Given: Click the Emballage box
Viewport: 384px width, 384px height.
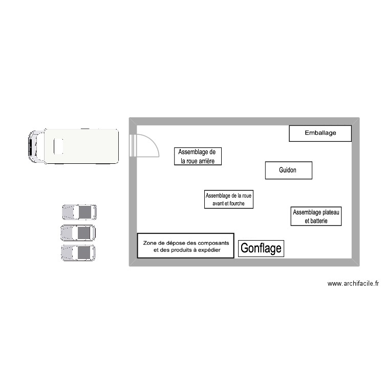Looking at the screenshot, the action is (320, 133).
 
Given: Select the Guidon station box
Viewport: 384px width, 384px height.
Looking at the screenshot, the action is (288, 170).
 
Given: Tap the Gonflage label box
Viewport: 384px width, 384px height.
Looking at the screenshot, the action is (261, 248).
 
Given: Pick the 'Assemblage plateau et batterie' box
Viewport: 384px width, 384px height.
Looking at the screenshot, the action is (316, 217).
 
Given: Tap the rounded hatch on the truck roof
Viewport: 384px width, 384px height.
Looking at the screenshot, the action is (58, 146).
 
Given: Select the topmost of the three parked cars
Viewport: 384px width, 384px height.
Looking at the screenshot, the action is (79, 212).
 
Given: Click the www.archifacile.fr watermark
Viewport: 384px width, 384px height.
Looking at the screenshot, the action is (353, 283).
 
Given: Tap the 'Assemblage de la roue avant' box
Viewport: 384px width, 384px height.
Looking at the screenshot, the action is (228, 199).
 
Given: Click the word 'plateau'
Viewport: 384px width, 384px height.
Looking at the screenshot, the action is (328, 212).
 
